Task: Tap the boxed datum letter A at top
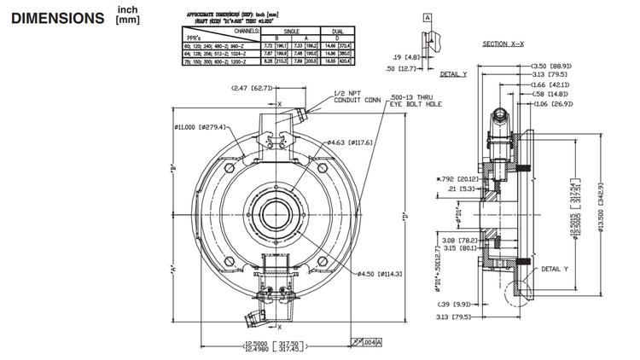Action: pyautogui.click(x=427, y=16)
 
